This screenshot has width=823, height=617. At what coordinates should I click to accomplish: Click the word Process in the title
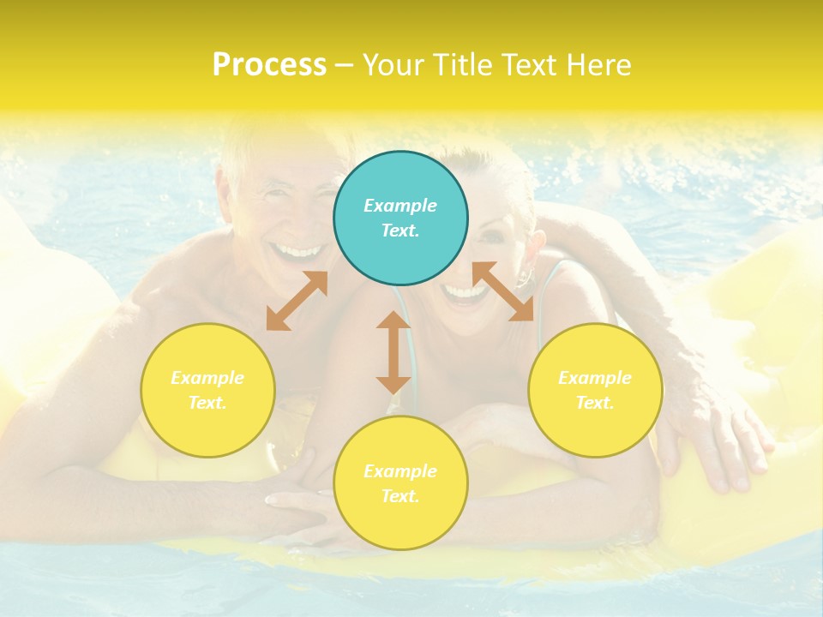pos(269,65)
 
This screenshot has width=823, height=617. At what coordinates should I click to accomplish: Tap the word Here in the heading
pos(600,65)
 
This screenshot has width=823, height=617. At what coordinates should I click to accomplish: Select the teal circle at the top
pos(400,218)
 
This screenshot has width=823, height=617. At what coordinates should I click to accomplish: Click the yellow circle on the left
pos(207,390)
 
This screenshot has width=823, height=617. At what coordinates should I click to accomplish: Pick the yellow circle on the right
pos(595,390)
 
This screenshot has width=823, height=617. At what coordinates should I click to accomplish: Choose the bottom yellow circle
pos(400,482)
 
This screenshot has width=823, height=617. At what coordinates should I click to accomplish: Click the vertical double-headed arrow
pos(393,352)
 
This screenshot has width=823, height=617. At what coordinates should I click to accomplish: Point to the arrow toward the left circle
pos(297,301)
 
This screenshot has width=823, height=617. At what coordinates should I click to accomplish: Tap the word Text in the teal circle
pos(400,231)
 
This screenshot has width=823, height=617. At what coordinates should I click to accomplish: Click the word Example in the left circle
pos(207,378)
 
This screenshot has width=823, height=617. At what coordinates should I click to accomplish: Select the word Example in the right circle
pos(595,378)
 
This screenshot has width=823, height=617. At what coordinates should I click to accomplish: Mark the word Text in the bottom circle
pos(400,496)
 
